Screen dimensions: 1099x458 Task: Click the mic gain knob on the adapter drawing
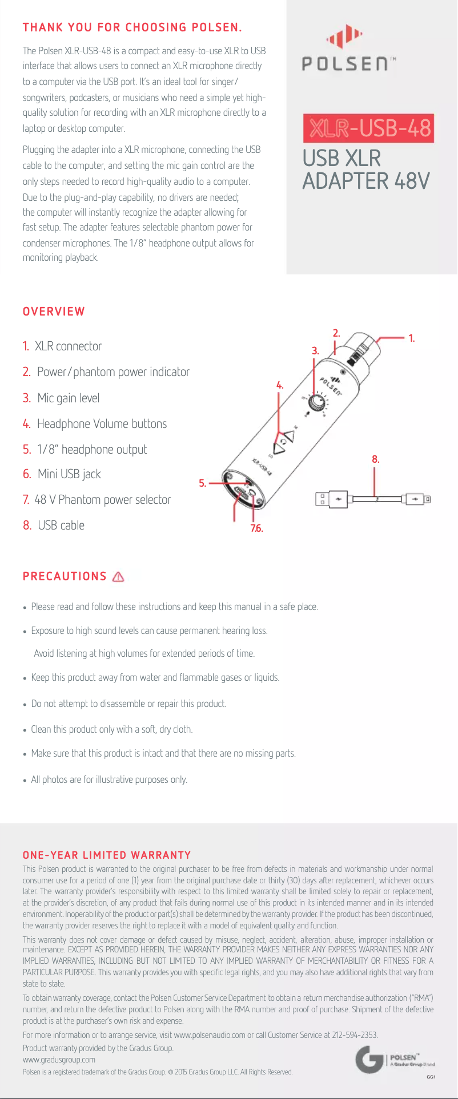[x=315, y=403]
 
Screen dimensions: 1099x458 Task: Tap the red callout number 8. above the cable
[x=375, y=459]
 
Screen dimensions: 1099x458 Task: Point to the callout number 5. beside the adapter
[x=202, y=483]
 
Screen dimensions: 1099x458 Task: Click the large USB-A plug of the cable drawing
[x=331, y=499]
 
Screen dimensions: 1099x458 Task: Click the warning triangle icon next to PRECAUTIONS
[x=118, y=577]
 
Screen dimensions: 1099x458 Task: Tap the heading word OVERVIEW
[x=54, y=312]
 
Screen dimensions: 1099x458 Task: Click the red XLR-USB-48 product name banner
[x=369, y=128]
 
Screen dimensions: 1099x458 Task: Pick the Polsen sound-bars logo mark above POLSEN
[x=344, y=38]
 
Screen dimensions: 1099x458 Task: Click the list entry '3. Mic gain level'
[x=61, y=398]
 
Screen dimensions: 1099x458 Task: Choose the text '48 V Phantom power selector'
[x=102, y=500]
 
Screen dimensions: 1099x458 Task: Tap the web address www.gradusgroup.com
[x=59, y=1060]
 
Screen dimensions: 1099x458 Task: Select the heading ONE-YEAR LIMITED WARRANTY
[x=107, y=855]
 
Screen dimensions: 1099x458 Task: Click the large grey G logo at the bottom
[x=368, y=1060]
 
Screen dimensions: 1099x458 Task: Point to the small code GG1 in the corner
[x=431, y=1077]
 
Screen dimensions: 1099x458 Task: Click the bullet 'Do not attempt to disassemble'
[x=128, y=704]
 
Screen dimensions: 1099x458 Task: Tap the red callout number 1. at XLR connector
[x=411, y=338]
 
